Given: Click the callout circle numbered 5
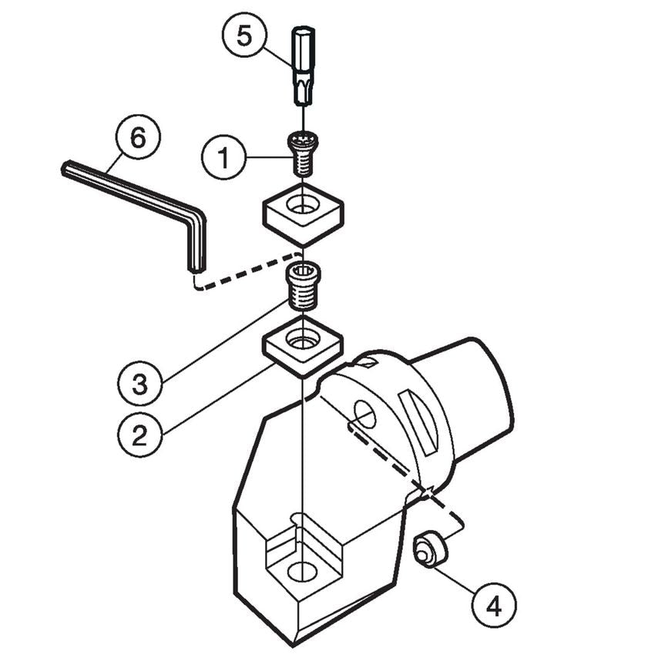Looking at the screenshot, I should (x=243, y=37).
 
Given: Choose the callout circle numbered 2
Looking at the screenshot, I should (x=139, y=436).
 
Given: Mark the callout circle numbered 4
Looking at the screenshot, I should (x=494, y=606).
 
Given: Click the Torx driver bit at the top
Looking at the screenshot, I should (x=304, y=66).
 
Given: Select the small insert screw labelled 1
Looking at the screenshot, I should (x=303, y=153).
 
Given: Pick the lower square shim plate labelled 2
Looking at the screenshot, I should (x=304, y=347).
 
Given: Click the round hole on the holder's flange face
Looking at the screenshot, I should (x=364, y=415).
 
